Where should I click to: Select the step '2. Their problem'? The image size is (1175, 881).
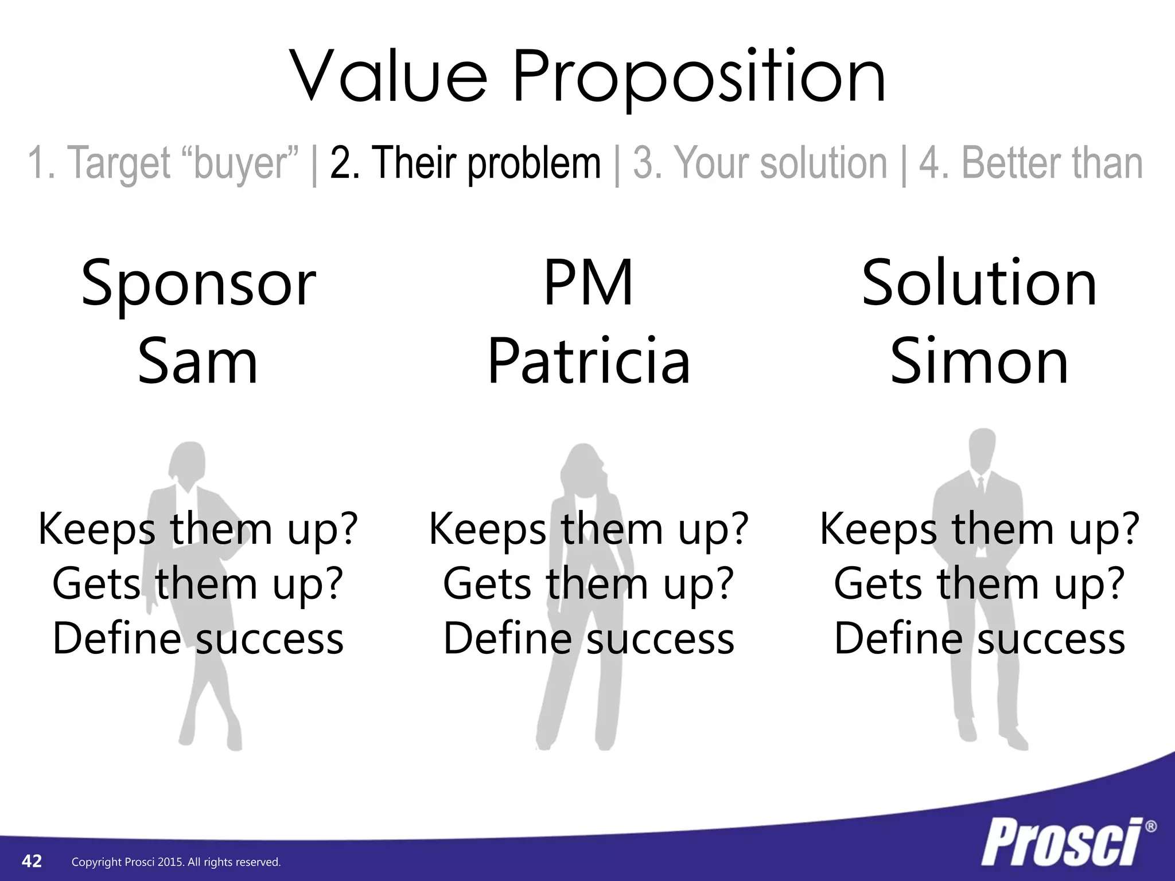[465, 163]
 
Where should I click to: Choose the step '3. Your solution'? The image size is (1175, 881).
[760, 163]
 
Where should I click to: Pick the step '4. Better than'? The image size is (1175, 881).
[1030, 163]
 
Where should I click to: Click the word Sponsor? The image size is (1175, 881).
[198, 283]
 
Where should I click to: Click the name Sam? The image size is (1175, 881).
[198, 362]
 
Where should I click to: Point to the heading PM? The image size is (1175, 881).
[588, 283]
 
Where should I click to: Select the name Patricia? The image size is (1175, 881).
[589, 362]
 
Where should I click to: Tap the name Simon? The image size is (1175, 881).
[979, 362]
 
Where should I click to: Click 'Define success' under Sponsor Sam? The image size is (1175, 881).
[198, 638]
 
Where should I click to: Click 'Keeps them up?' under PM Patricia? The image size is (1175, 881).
[589, 529]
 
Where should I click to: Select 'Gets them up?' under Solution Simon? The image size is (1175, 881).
[979, 584]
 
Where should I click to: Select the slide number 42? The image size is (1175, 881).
[32, 861]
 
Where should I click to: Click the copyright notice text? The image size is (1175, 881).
[176, 862]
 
